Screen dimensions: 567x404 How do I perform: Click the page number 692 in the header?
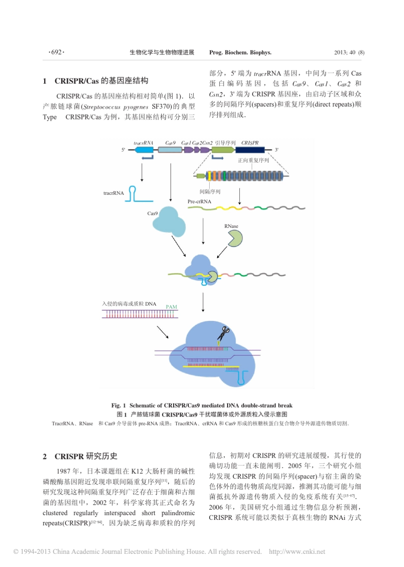point(56,52)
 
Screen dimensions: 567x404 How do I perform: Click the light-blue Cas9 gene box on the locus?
point(169,150)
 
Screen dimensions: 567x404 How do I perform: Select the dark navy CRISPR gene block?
point(250,150)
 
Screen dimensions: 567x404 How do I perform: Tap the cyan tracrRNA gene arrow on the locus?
point(144,150)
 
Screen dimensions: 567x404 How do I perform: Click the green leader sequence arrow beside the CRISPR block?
point(222,150)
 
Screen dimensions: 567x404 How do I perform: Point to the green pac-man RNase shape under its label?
point(235,239)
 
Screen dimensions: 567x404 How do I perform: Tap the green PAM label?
point(171,307)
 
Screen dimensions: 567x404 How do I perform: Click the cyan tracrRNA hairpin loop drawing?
point(133,193)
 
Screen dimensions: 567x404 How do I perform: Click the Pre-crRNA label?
point(199,201)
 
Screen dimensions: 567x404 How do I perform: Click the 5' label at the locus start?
point(123,150)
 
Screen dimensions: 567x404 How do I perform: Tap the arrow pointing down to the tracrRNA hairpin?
point(142,172)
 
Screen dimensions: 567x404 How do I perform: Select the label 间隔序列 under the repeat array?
point(210,192)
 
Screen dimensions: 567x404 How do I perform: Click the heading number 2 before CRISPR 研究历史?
point(45,456)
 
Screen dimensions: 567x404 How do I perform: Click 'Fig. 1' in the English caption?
point(118,405)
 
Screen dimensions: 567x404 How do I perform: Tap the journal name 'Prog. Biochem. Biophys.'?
point(240,53)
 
